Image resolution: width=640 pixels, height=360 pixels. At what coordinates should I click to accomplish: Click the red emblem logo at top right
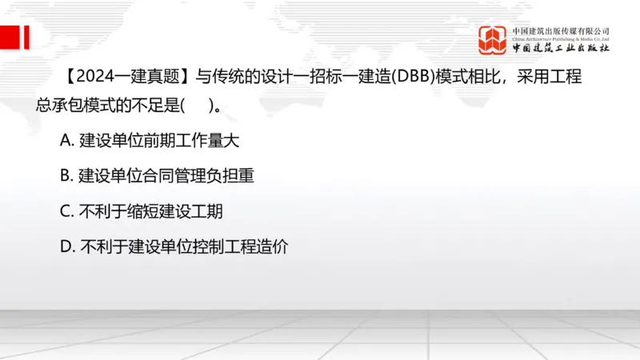494,41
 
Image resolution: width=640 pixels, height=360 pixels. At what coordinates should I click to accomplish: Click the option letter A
66,140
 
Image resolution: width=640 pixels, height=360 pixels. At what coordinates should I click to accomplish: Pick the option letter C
66,211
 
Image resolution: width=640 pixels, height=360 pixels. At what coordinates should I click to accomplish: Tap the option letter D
66,247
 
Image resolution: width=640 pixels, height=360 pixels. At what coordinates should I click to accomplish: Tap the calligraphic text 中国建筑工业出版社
560,48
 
